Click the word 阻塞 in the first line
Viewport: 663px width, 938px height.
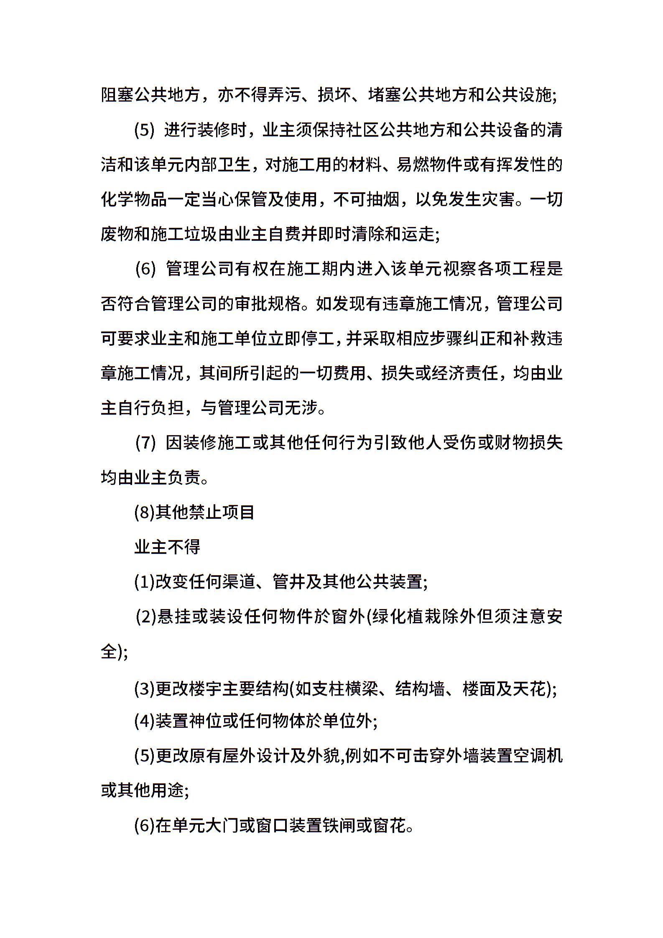pos(117,95)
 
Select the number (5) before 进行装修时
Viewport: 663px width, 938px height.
pos(144,130)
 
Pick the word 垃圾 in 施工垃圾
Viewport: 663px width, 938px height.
pos(201,234)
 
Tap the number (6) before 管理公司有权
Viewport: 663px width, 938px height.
pos(145,269)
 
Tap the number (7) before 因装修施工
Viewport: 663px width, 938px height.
pos(145,443)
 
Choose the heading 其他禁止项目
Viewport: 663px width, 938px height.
pos(205,512)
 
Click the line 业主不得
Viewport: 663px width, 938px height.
pos(167,547)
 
